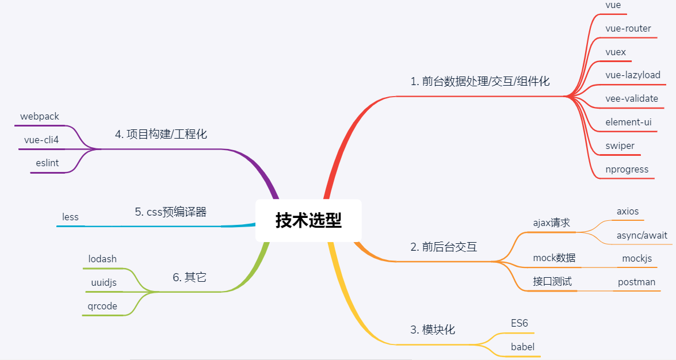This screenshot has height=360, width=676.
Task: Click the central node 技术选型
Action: tap(309, 220)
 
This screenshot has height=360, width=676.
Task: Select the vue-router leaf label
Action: tap(628, 28)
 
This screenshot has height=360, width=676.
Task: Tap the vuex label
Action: tap(616, 52)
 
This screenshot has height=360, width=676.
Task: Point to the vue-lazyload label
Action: tap(633, 75)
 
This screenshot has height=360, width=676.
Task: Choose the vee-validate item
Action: tap(632, 99)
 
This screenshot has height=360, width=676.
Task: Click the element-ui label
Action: tap(628, 122)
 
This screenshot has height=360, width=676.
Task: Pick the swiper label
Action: tap(620, 145)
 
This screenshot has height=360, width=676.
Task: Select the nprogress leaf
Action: tap(627, 170)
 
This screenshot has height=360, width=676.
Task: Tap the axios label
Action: tap(628, 211)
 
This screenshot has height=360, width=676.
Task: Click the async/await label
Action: tap(642, 235)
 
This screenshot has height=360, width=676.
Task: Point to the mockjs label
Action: tap(637, 259)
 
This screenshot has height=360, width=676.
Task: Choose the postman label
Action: tap(636, 282)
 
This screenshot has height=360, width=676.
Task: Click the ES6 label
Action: tap(519, 323)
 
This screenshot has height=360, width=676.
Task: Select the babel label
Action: tap(522, 347)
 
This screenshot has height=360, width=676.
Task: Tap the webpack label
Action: tap(40, 116)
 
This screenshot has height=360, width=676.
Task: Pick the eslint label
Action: tap(47, 163)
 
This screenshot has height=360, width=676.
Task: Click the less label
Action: tap(70, 217)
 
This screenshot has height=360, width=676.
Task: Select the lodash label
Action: tap(102, 259)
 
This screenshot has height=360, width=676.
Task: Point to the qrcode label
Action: tap(102, 306)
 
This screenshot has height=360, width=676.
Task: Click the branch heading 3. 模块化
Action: tap(433, 330)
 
